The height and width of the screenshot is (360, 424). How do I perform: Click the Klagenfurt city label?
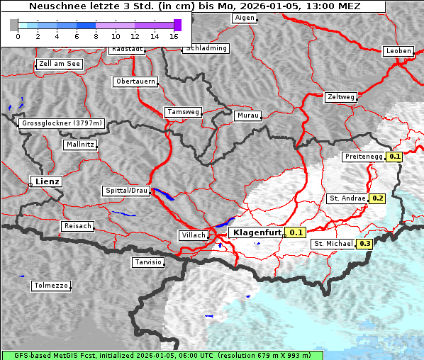tap(256, 232)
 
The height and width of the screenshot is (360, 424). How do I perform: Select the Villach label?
tap(193, 235)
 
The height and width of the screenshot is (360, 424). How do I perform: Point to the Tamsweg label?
tap(183, 112)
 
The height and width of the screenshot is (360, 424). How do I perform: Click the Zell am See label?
tap(60, 64)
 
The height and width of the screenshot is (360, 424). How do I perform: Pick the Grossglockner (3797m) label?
tap(62, 123)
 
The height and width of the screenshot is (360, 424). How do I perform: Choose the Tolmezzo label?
tap(50, 286)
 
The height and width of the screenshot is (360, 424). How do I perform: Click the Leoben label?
tap(397, 51)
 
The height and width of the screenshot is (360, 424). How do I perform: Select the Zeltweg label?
tap(340, 96)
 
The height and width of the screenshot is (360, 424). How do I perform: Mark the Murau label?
tap(247, 115)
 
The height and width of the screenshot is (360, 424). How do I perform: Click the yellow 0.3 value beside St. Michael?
tap(364, 244)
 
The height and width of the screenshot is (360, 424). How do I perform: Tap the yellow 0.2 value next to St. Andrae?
tap(377, 198)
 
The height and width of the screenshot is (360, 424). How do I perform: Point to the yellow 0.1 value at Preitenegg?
tap(394, 157)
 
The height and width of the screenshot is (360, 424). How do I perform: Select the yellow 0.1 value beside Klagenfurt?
tap(296, 232)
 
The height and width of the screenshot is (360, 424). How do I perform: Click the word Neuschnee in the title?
tap(54, 6)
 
